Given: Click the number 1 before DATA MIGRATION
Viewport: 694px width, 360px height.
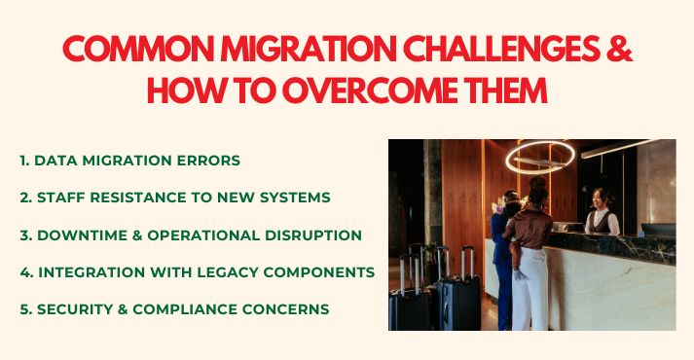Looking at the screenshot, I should [x=22, y=160].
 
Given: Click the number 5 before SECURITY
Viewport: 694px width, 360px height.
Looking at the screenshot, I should [x=23, y=309].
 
